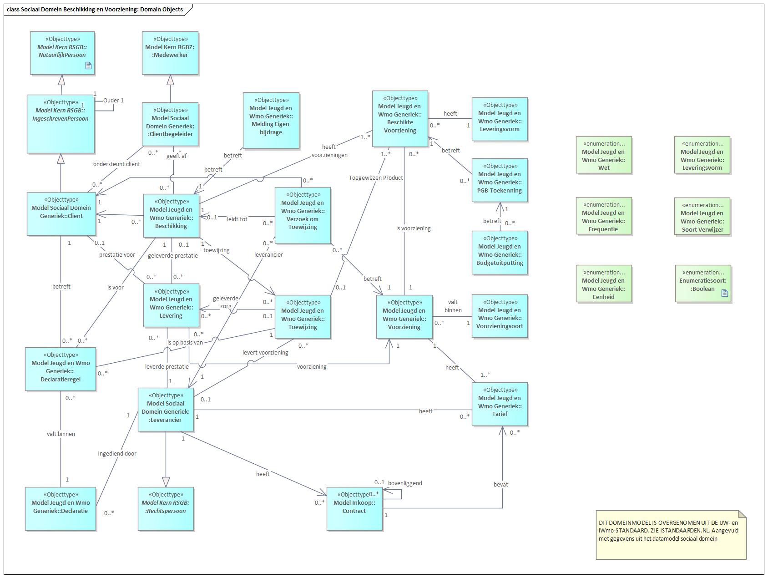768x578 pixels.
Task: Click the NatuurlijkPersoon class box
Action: tap(62, 52)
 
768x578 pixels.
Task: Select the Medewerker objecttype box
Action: tap(170, 52)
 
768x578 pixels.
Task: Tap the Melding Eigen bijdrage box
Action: tap(271, 120)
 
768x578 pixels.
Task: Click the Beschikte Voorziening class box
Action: tap(400, 118)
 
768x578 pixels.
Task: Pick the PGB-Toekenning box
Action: tap(499, 180)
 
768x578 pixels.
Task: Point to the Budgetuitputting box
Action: tap(499, 252)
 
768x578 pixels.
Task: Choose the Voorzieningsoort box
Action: tap(499, 316)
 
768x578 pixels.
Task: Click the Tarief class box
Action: tap(499, 404)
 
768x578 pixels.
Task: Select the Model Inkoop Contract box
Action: tap(354, 509)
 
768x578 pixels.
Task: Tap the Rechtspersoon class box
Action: tap(166, 508)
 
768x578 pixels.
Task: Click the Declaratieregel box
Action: tap(61, 369)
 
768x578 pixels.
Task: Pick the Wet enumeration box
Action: tap(603, 155)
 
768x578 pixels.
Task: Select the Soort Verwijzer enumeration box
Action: tap(702, 217)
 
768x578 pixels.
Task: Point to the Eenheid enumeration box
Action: tap(603, 284)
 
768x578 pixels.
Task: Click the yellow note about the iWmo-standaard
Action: tap(671, 535)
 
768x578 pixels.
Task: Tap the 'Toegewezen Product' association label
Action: tap(376, 177)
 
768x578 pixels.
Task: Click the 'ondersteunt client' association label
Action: tap(116, 164)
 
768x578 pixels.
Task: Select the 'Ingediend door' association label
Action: tap(117, 453)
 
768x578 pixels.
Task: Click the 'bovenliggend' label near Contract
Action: tap(405, 483)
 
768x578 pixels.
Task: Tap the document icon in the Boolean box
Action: tap(725, 293)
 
